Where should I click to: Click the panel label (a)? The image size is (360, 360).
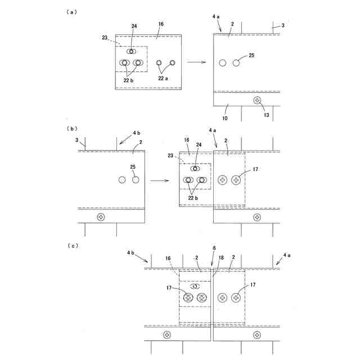tap(73, 11)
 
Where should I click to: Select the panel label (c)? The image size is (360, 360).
tap(73, 245)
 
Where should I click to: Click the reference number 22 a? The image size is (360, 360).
tap(163, 79)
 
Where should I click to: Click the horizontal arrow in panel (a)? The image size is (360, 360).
tap(196, 62)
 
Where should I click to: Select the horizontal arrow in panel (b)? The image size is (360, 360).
tap(161, 181)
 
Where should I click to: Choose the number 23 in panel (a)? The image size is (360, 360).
tap(106, 38)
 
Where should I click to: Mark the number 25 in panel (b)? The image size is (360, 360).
tap(133, 167)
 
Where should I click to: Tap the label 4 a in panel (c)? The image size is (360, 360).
tap(287, 255)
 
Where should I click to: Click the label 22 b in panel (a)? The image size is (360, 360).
tap(129, 80)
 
